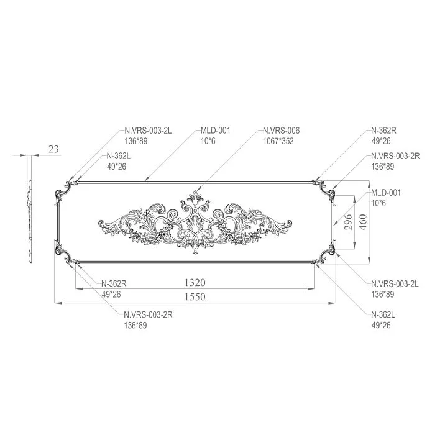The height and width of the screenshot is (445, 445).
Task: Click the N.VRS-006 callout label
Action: tap(281, 131)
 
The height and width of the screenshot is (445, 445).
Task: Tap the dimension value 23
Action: tap(53, 149)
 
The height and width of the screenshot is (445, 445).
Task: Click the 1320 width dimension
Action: tap(194, 283)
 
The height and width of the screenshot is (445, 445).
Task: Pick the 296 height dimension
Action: tap(349, 221)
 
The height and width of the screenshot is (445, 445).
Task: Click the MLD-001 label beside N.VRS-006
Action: tap(215, 131)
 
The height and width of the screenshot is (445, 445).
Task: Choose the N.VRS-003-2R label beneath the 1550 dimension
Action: tap(148, 314)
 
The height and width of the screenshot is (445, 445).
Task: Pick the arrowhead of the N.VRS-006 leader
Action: tap(197, 191)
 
